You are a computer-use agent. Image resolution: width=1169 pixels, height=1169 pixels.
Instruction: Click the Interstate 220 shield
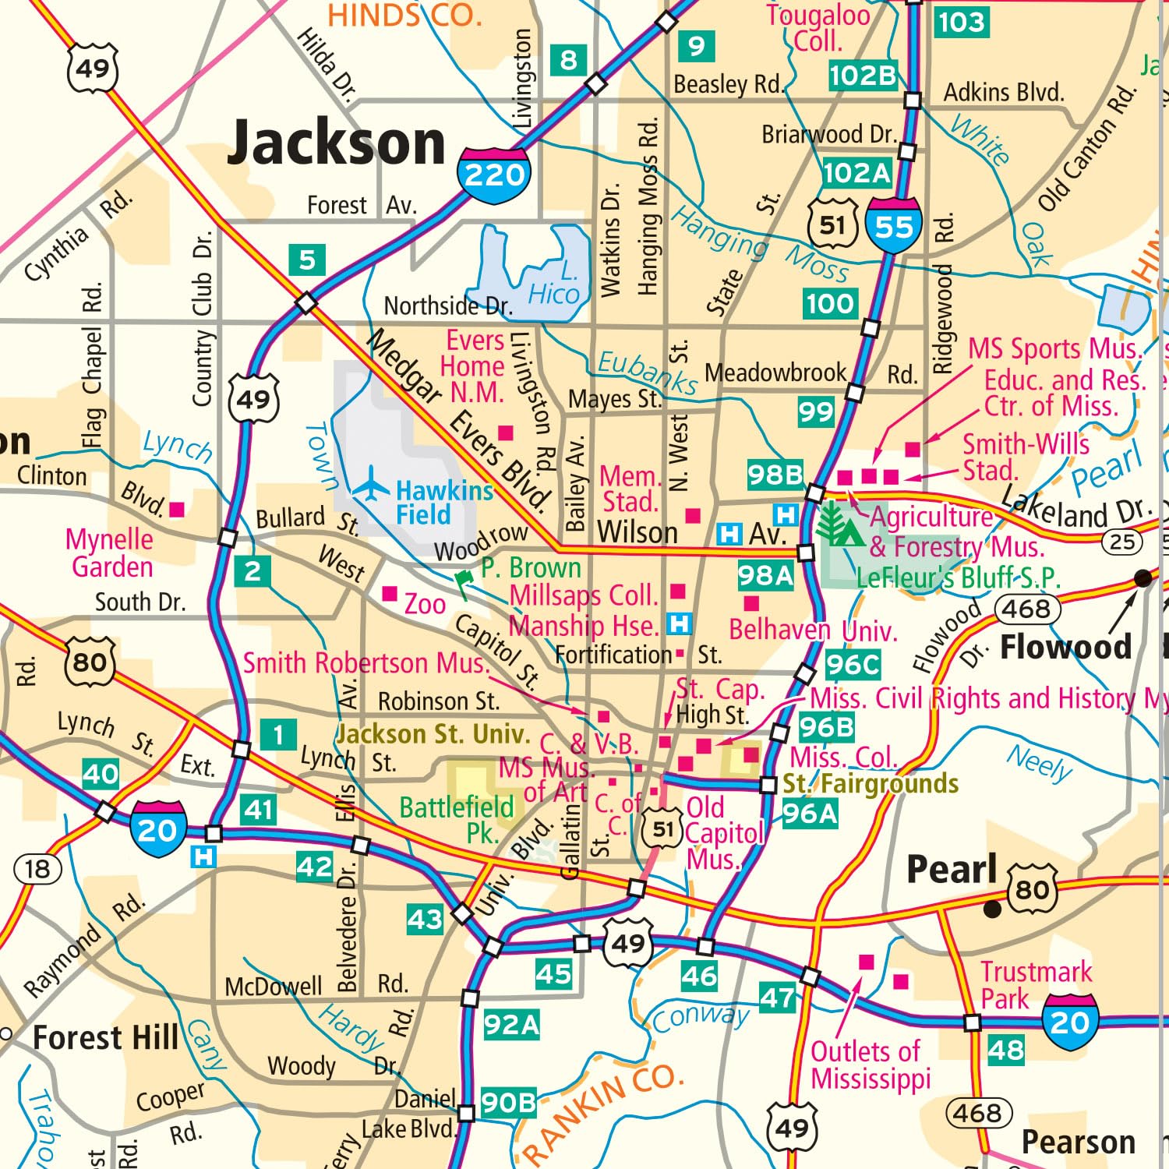(x=494, y=174)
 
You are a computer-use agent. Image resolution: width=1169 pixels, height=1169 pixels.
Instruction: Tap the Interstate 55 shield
(x=893, y=225)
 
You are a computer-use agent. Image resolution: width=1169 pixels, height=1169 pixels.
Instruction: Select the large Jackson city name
(x=336, y=143)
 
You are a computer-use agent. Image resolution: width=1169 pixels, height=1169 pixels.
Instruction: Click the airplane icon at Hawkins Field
(x=372, y=486)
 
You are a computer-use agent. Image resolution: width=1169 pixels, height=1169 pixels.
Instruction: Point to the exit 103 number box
(x=961, y=22)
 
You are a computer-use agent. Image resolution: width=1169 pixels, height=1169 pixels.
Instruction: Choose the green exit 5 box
(x=307, y=260)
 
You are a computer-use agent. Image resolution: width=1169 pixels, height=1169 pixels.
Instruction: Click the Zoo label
(x=425, y=604)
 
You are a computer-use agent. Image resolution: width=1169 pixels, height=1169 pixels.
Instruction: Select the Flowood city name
(x=1065, y=647)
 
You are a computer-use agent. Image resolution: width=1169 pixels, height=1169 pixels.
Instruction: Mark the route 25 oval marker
(x=1121, y=542)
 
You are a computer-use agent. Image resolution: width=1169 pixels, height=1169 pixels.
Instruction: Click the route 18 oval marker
(x=37, y=869)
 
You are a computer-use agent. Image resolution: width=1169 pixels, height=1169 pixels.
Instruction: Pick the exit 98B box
(x=775, y=474)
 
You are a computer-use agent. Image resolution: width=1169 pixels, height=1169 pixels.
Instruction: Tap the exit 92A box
(x=511, y=1024)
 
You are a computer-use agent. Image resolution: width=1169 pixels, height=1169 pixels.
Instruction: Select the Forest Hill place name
(x=106, y=1038)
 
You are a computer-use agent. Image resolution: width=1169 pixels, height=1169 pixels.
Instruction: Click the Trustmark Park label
(x=1036, y=985)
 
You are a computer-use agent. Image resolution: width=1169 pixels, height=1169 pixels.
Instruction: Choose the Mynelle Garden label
(x=110, y=553)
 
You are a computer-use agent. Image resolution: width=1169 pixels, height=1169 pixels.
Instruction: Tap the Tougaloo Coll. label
(x=818, y=27)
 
